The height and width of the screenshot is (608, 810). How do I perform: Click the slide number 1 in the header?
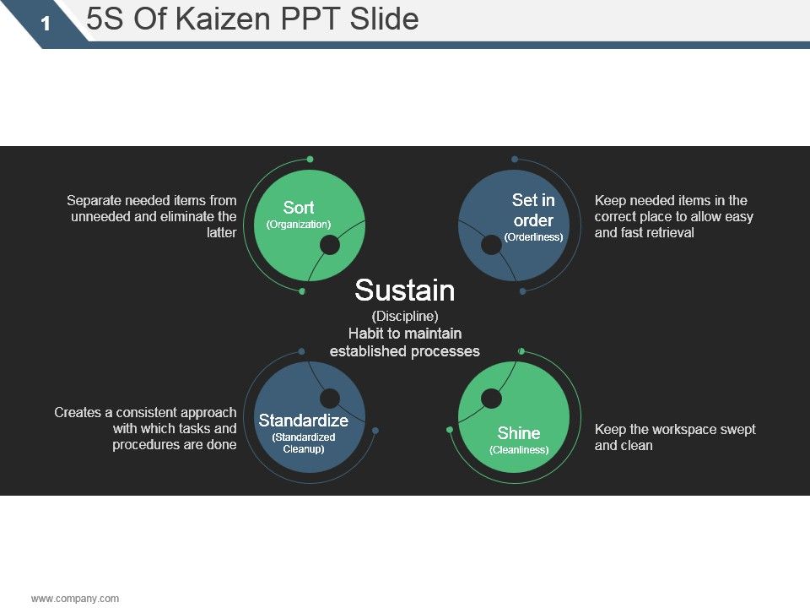46,24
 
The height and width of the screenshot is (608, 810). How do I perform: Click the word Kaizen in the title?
223,19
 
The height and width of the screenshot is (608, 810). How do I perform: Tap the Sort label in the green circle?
299,208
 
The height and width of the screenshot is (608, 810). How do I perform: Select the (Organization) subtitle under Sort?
299,225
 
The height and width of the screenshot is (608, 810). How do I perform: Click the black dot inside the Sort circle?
330,245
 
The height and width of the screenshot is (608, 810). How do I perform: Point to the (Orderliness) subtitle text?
533,237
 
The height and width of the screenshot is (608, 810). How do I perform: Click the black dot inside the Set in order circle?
491,245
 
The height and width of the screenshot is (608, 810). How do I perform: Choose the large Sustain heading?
404,290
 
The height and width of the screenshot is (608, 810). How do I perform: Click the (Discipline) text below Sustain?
405,316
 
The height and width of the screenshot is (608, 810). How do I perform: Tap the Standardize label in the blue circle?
303,421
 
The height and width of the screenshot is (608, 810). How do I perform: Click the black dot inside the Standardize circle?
330,399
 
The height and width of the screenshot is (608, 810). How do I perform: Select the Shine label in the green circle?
519,432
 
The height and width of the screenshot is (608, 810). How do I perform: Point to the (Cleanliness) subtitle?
519,450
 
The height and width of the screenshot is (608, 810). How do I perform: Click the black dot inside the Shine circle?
491,399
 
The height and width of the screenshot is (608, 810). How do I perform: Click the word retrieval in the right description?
669,233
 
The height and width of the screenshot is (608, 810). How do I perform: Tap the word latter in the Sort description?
222,233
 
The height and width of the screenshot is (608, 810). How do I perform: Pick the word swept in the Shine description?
737,430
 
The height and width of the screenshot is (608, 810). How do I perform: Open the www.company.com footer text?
75,599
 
